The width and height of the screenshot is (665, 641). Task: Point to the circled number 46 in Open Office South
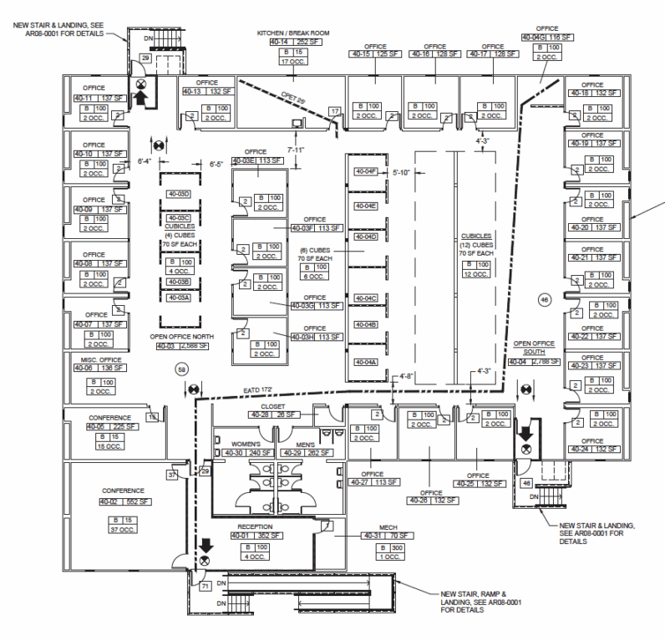point(545,299)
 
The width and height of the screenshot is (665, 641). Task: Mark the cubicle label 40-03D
point(180,194)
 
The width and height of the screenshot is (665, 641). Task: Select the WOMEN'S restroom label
point(232,445)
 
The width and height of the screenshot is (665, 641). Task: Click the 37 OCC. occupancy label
point(124,530)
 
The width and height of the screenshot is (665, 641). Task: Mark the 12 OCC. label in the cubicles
point(477,273)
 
